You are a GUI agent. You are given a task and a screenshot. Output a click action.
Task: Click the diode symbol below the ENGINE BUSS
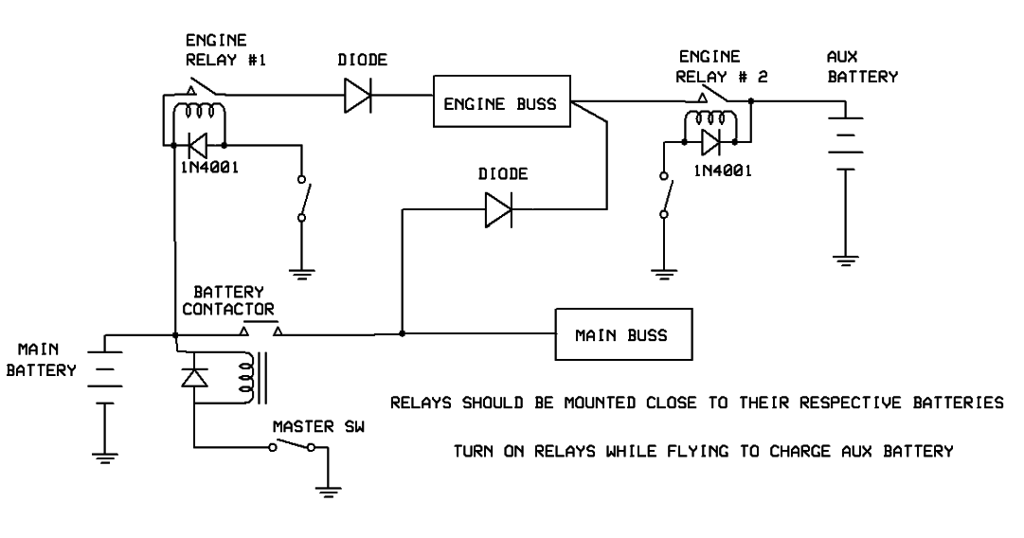(x=497, y=209)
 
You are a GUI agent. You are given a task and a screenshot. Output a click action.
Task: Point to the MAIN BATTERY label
(x=40, y=361)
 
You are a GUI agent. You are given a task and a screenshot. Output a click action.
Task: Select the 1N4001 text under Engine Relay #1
(x=206, y=169)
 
